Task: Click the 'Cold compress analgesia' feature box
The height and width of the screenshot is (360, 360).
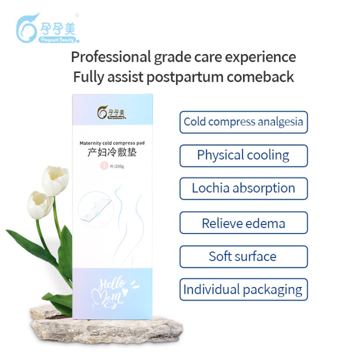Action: (243, 122)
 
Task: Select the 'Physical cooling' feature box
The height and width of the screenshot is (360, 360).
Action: (243, 155)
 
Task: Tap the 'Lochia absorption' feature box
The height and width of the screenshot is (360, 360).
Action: (243, 189)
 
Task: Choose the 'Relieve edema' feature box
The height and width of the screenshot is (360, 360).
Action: (243, 223)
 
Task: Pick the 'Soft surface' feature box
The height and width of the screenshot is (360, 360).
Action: (243, 256)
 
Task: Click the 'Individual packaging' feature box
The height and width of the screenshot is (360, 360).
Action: (243, 289)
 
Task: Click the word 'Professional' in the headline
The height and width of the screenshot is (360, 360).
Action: (110, 58)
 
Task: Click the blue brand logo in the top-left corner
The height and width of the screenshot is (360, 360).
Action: (47, 28)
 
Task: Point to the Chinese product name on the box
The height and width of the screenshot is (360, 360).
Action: (112, 153)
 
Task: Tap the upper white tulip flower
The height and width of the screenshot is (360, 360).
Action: (55, 180)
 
